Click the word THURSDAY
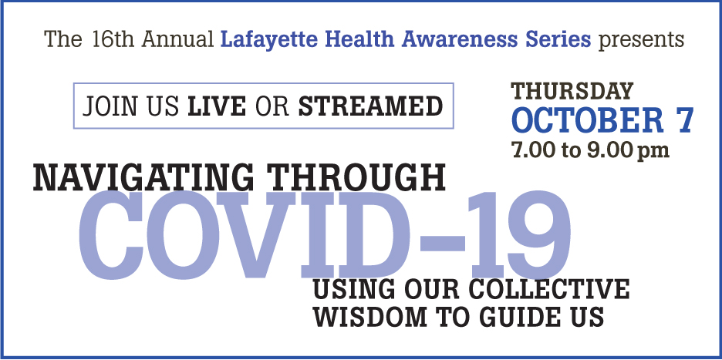(x=572, y=91)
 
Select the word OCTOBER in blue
(x=587, y=119)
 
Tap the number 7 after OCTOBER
(x=684, y=120)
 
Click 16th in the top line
(x=113, y=39)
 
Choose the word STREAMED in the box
(x=371, y=106)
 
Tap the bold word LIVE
(x=217, y=106)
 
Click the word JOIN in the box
(x=110, y=106)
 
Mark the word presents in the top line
(x=641, y=40)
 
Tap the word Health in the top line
(x=365, y=39)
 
